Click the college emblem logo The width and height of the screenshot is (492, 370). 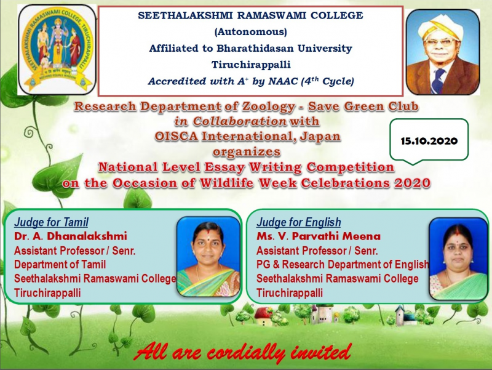pyautogui.click(x=57, y=50)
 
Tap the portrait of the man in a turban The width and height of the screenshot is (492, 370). pyautogui.click(x=443, y=52)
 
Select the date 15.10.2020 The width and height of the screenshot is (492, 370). pyautogui.click(x=429, y=141)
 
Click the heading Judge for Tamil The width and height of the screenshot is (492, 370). pyautogui.click(x=51, y=222)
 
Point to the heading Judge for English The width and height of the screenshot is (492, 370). pyautogui.click(x=299, y=222)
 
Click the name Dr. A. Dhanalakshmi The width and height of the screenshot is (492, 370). pyautogui.click(x=71, y=236)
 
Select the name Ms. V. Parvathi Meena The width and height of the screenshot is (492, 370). pyautogui.click(x=319, y=236)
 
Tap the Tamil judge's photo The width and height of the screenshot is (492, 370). pyautogui.click(x=208, y=257)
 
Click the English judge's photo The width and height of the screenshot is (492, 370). pyautogui.click(x=458, y=258)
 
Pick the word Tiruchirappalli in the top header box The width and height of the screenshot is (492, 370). pyautogui.click(x=251, y=65)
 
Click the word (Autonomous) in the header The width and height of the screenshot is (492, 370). pyautogui.click(x=251, y=32)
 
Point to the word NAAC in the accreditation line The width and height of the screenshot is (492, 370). pyautogui.click(x=283, y=81)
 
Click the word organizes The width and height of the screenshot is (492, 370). pyautogui.click(x=247, y=152)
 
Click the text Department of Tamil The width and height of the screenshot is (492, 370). pyautogui.click(x=60, y=265)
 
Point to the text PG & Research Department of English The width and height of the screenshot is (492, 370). pyautogui.click(x=343, y=265)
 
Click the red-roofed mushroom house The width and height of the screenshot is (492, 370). pyautogui.click(x=264, y=316)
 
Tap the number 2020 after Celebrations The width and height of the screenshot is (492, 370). pyautogui.click(x=412, y=183)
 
